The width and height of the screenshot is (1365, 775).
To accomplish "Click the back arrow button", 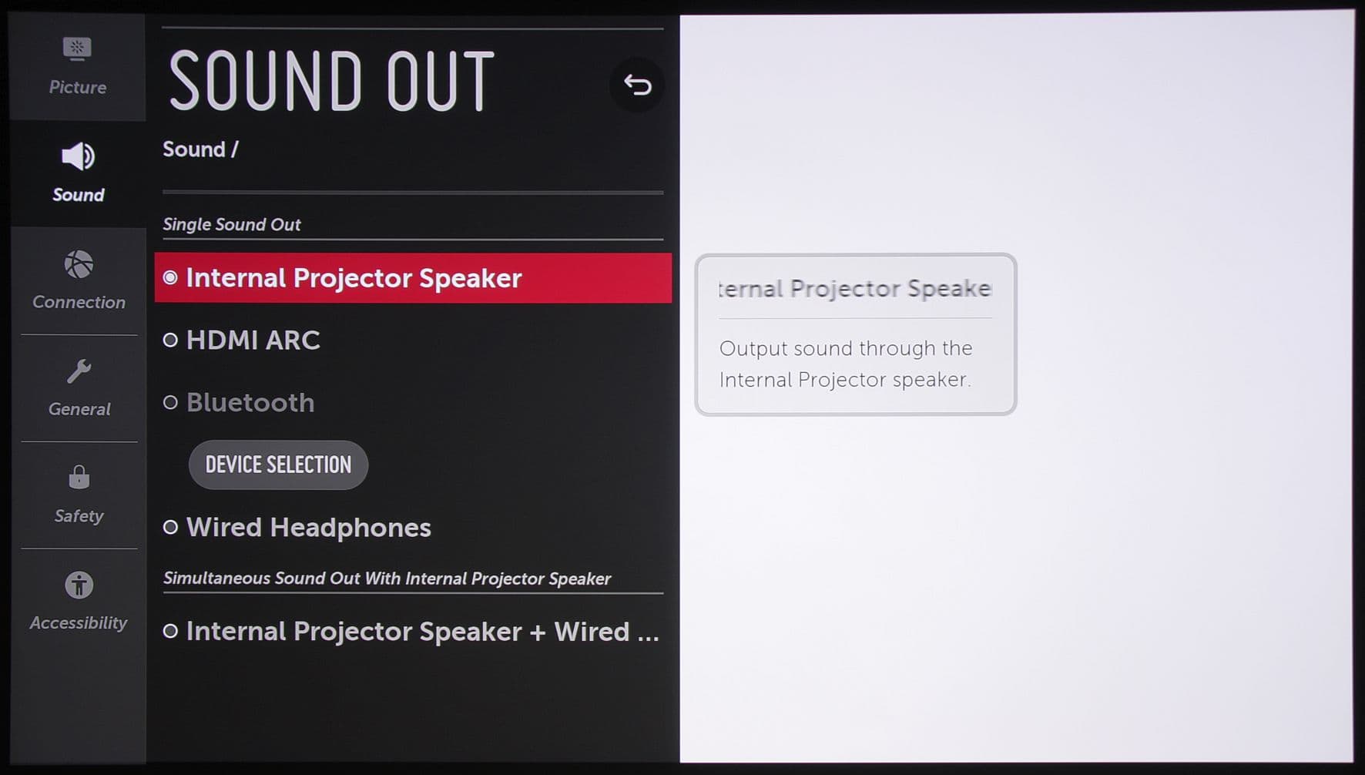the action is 637,85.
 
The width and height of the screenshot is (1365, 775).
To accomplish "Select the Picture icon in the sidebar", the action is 77,49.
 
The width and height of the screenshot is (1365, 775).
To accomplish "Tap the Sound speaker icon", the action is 78,156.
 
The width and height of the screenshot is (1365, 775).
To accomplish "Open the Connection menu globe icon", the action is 79,265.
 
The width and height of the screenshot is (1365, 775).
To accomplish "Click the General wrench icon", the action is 79,372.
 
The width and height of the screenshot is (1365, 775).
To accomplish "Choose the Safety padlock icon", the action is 79,477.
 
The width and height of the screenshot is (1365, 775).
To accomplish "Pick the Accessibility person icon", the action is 79,585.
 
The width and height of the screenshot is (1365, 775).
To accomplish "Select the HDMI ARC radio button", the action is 170,340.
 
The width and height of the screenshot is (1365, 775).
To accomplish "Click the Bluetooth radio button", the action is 170,402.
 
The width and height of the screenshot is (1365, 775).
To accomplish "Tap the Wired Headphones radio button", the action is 170,527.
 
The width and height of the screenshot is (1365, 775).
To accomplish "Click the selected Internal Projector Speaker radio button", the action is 170,277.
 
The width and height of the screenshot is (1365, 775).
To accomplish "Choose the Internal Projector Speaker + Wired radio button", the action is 170,632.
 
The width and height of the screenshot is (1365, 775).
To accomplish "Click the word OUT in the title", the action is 440,81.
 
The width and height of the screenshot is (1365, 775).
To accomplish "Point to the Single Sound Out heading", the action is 231,224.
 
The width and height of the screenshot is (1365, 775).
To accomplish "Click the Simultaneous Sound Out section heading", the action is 387,579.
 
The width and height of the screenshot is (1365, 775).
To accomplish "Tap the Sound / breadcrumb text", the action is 200,149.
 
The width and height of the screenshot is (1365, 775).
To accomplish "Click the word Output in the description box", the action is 753,349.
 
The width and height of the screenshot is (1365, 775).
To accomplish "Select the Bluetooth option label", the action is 250,402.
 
